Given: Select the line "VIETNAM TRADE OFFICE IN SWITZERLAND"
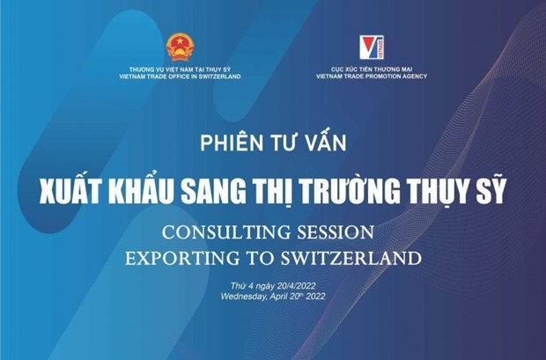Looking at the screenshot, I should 180,77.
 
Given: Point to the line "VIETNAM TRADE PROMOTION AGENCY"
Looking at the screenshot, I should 372,77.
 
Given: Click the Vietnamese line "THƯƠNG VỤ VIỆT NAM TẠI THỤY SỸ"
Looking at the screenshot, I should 180,70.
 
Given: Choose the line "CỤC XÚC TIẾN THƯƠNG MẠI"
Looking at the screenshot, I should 372,70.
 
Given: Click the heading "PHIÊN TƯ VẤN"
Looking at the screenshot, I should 273,141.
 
